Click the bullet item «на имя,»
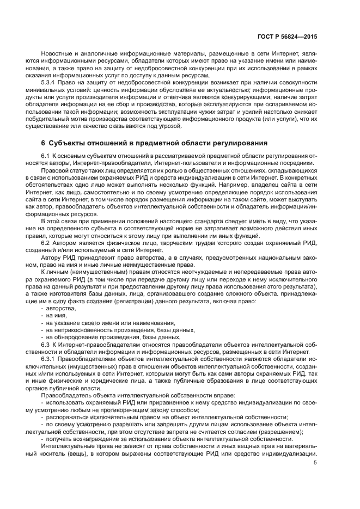click(x=58, y=316)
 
